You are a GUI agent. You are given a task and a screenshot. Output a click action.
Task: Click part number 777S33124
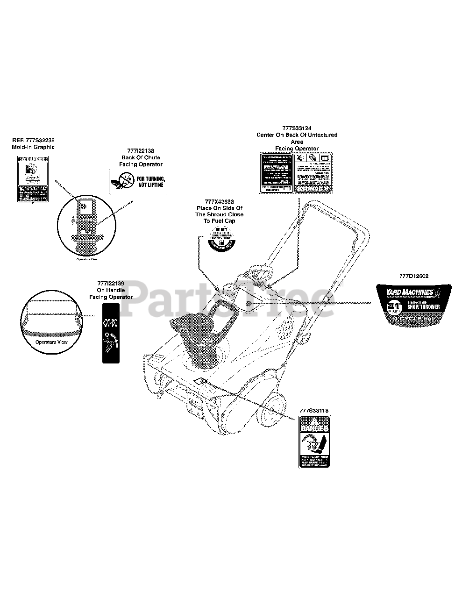[297, 128]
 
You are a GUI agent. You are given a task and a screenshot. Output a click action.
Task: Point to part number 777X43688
[219, 201]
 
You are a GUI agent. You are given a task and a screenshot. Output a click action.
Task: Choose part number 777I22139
[111, 284]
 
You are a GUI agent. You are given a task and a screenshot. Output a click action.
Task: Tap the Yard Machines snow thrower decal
[414, 303]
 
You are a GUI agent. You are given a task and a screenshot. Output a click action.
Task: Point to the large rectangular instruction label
[297, 173]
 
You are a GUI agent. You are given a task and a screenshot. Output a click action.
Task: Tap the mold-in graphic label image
[33, 179]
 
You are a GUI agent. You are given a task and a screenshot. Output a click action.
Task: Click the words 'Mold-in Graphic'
[33, 147]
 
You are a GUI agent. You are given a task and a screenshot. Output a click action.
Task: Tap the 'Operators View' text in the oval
[51, 342]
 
